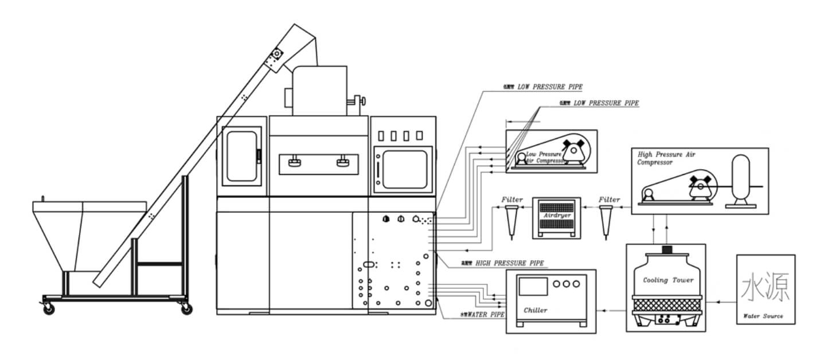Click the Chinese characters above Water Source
765,287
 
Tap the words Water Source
763,316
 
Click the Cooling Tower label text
668,280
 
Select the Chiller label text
536,310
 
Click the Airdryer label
556,216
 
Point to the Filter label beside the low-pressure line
512,199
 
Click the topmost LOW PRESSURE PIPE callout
549,87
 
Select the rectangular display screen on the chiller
533,287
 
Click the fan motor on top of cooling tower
666,250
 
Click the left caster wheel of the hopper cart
49,309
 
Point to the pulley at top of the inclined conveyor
277,54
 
